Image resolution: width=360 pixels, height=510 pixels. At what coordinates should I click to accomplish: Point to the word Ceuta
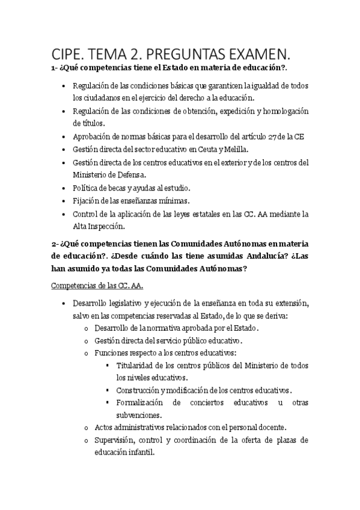[201, 149]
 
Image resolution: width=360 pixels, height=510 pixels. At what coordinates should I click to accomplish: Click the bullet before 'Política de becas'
[64, 188]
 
